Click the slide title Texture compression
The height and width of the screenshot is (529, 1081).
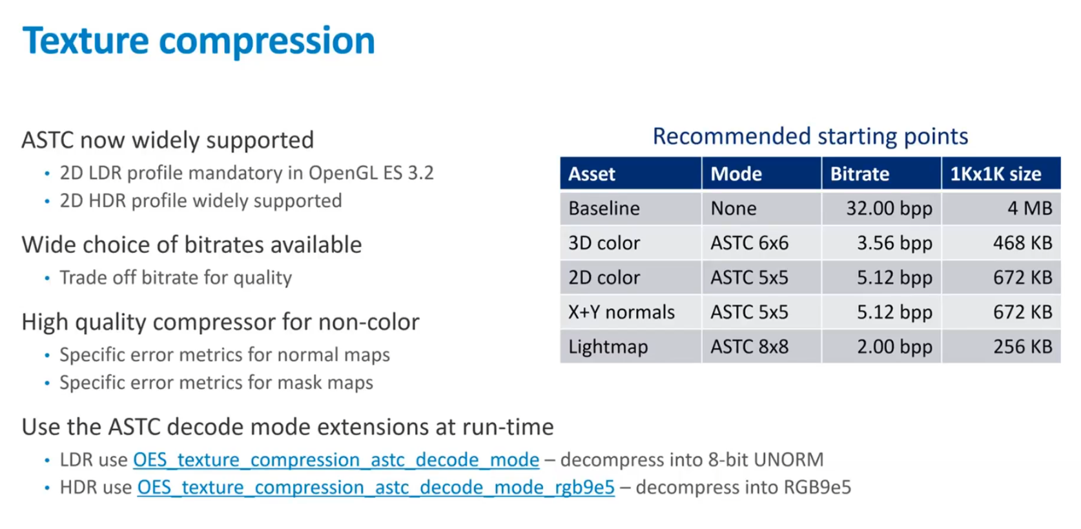198,41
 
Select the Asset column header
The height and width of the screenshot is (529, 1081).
592,174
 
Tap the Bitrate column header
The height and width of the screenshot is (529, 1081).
860,174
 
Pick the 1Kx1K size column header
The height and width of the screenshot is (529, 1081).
996,174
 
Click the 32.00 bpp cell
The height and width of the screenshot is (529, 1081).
889,208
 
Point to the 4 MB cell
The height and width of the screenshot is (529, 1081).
1030,208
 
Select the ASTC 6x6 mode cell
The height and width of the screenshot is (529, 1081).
750,243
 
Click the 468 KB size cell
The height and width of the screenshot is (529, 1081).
1023,243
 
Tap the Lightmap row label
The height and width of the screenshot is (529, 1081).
608,347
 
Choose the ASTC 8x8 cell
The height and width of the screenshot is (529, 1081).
750,346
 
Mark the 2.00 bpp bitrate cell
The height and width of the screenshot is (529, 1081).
895,347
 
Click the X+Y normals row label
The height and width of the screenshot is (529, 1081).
622,312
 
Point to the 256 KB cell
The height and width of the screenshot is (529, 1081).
1023,346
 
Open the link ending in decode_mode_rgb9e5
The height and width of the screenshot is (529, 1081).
376,488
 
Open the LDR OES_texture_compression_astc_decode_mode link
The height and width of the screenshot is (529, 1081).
336,460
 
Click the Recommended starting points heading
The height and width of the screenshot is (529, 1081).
810,137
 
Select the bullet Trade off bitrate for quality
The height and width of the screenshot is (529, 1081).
176,278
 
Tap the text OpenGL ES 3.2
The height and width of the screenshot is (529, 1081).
371,173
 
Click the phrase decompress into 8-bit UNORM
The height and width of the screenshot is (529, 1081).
692,460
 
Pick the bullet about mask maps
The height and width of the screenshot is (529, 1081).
216,383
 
